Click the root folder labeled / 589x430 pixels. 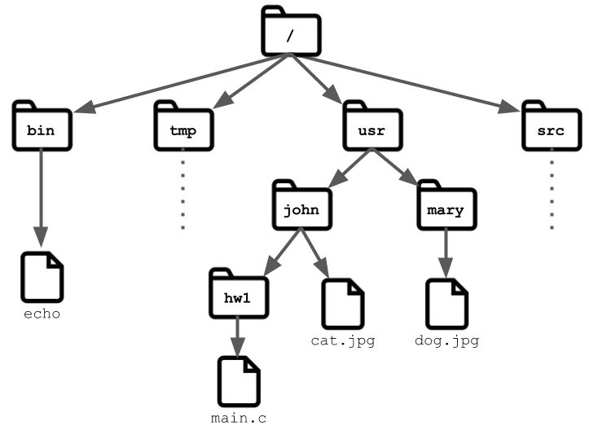point(291,31)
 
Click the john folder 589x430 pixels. point(302,205)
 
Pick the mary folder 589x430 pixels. point(447,205)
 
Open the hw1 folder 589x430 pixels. point(239,294)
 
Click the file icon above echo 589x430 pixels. point(42,277)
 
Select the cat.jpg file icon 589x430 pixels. point(343,305)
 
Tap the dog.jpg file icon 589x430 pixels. point(447,305)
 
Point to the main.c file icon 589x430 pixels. point(239,382)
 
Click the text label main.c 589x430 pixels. point(239,419)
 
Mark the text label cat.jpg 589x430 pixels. point(343,341)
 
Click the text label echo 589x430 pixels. point(42,314)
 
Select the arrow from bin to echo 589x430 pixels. point(41,198)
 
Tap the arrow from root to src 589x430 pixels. point(406,83)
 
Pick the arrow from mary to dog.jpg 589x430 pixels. point(446,253)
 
